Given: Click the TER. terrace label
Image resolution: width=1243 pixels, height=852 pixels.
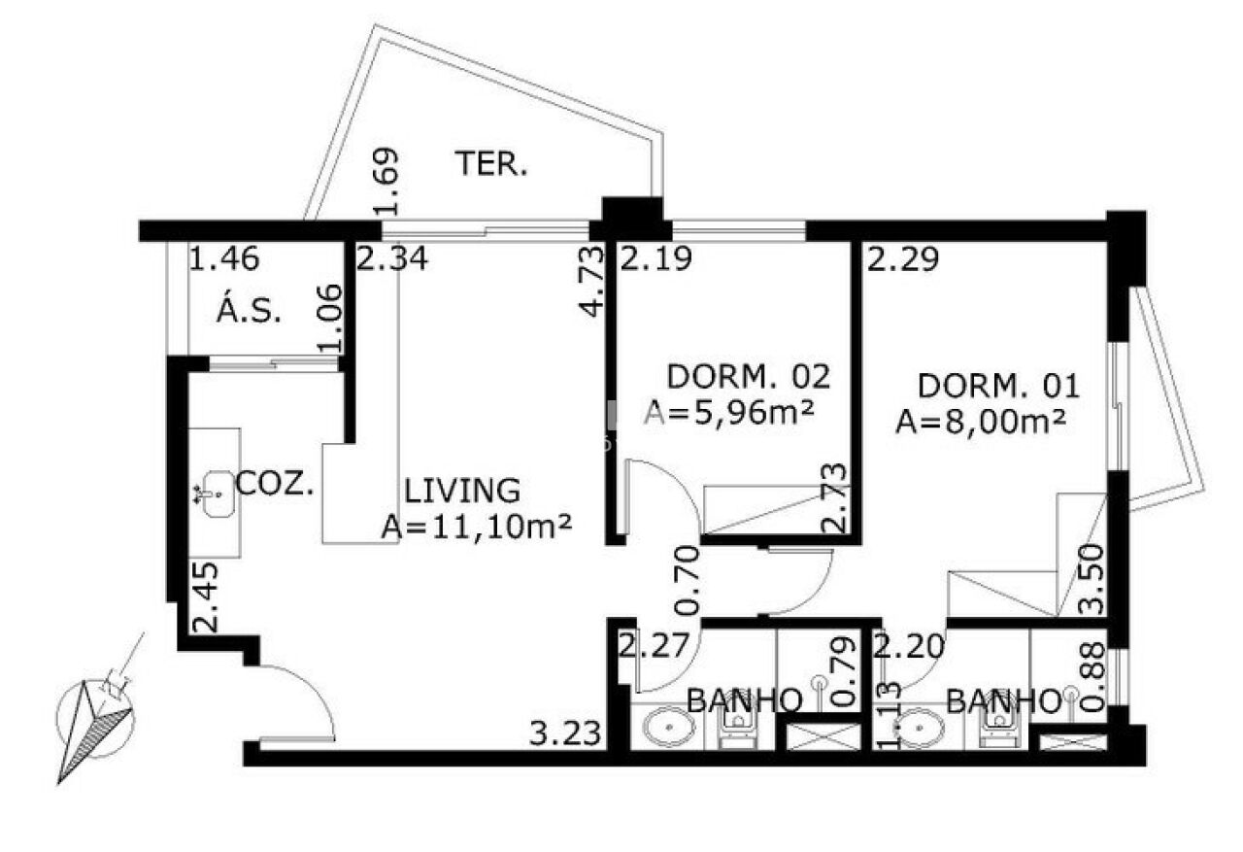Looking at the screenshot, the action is coord(491,164).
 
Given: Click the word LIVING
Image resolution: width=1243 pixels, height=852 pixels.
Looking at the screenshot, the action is coord(462,491).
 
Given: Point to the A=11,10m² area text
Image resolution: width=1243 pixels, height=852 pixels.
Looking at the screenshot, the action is coord(477,527).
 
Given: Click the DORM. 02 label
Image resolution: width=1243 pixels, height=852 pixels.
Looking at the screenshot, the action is coord(748,376).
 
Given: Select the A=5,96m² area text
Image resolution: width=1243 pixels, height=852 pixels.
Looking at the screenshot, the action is coord(729,413).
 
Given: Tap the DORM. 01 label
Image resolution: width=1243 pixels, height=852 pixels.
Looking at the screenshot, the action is coord(999,387).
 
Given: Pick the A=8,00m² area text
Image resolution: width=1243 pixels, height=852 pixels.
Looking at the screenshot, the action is coord(981,423).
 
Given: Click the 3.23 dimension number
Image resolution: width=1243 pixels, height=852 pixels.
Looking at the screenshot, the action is coord(565,733).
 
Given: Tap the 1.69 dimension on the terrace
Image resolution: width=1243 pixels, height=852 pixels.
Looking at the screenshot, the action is coord(386,182).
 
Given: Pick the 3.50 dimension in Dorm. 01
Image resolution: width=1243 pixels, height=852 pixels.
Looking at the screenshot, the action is coord(1092,579).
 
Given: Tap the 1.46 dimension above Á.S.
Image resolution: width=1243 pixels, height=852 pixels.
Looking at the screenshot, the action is coord(224,258).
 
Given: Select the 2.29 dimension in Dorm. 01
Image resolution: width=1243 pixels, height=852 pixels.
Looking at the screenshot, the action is coord(903,258).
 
